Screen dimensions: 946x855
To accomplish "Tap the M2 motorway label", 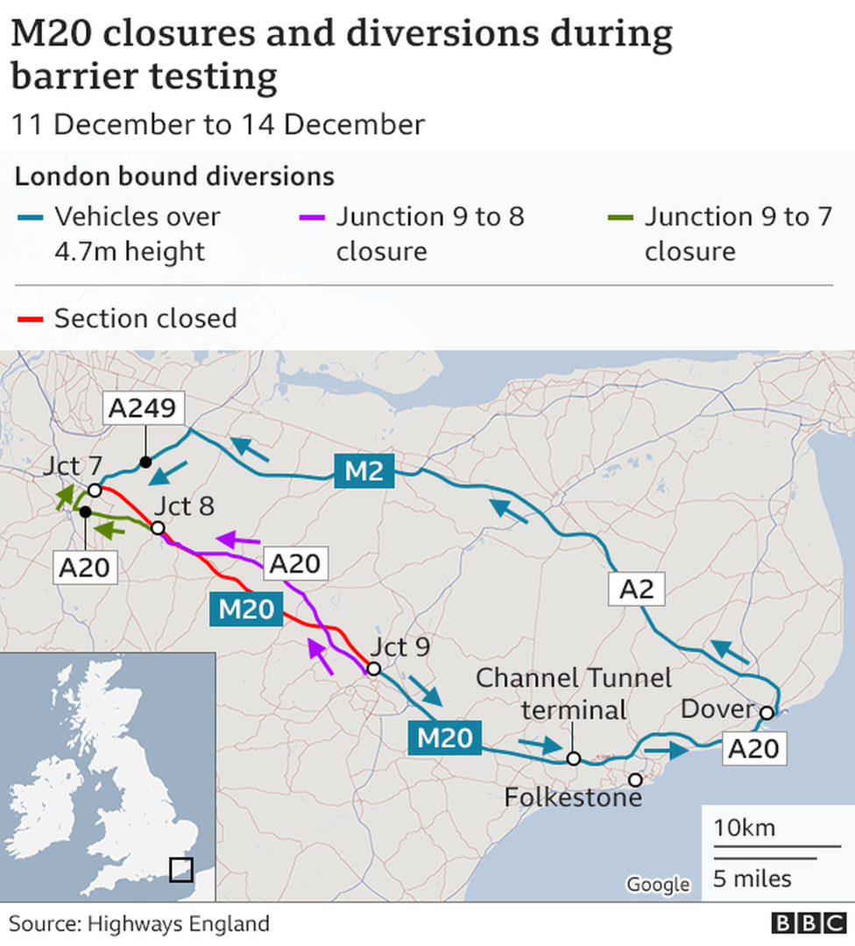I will (364, 470).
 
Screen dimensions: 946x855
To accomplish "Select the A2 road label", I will (636, 589).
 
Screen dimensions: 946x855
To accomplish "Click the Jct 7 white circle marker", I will (95, 491).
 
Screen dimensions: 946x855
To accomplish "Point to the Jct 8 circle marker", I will (158, 528).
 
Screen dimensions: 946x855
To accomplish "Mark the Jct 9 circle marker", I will (373, 669).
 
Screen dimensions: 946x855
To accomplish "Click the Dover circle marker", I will (766, 713).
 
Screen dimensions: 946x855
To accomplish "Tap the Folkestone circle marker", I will (635, 779).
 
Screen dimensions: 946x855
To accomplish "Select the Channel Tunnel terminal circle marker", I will (573, 759).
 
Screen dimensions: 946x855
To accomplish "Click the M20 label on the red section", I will (246, 608).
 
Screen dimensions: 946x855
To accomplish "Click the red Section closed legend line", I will (31, 319).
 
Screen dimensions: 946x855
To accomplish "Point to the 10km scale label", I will (744, 828).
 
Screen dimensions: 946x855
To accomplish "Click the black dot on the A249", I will (145, 462).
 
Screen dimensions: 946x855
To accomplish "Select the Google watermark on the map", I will (658, 884).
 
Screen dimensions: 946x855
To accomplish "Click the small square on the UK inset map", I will (180, 869).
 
